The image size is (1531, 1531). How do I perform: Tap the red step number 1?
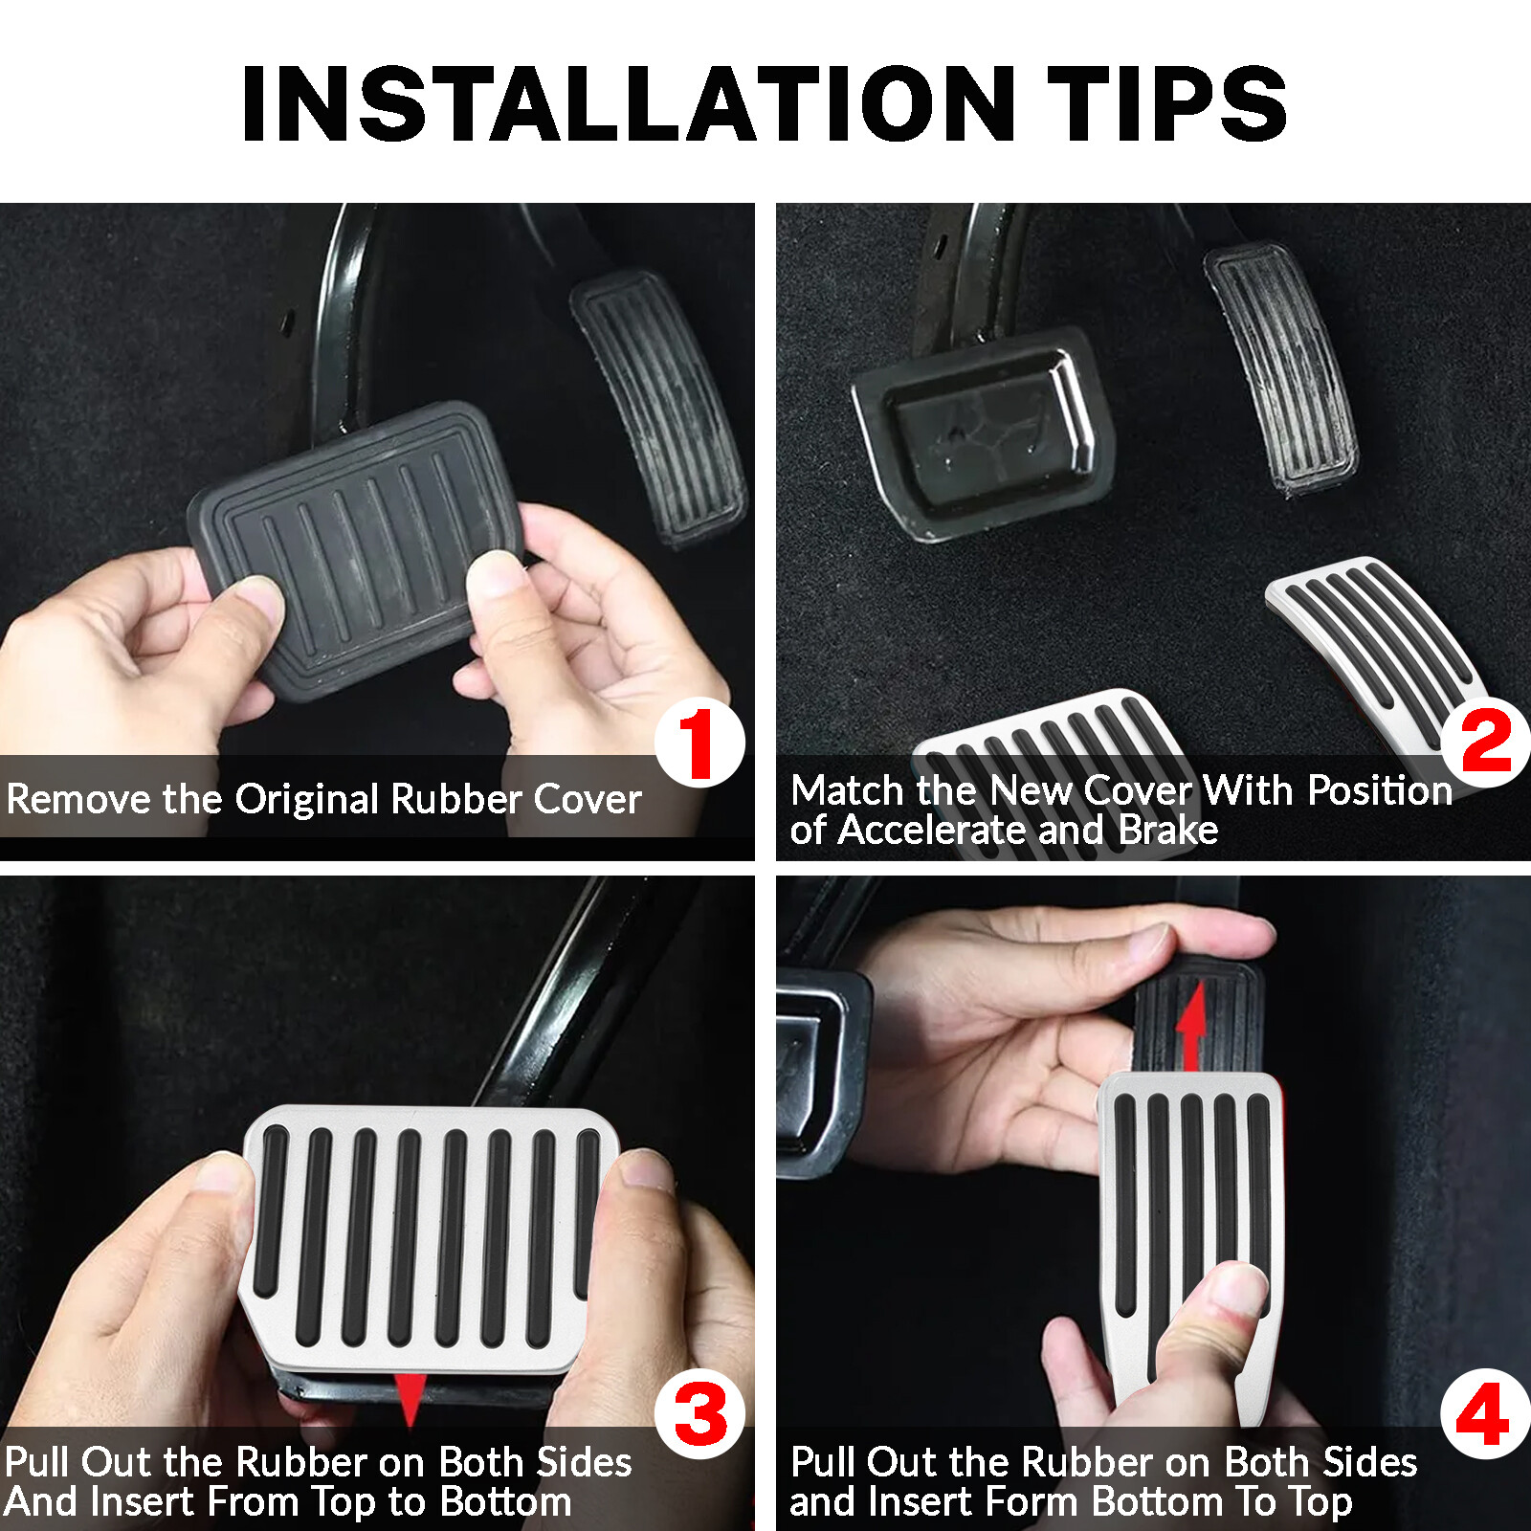[699, 743]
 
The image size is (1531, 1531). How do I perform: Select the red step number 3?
[700, 1416]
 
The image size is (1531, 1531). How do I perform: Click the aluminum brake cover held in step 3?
[421, 1234]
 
